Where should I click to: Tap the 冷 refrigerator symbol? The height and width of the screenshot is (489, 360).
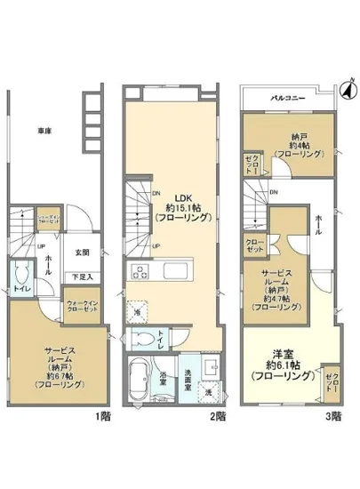pyautogui.click(x=138, y=312)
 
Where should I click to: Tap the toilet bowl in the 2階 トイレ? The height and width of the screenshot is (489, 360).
pyautogui.click(x=143, y=339)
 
